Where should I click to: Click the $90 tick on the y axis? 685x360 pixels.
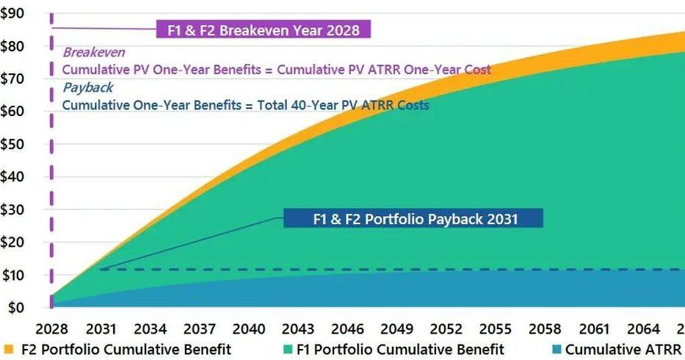[x=13, y=13]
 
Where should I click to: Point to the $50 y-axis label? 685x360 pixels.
[x=13, y=144]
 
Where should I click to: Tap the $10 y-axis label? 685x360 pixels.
[x=13, y=275]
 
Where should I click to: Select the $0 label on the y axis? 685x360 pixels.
[x=16, y=307]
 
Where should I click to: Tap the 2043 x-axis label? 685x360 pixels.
[x=297, y=328]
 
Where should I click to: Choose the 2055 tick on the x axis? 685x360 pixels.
[x=495, y=328]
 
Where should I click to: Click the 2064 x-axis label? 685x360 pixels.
[x=642, y=328]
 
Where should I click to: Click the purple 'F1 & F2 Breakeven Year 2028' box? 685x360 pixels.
[x=264, y=30]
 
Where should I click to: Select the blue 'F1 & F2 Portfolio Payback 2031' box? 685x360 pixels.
[x=414, y=219]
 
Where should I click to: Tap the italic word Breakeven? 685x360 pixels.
[x=93, y=52]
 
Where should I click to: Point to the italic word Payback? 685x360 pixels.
[x=88, y=87]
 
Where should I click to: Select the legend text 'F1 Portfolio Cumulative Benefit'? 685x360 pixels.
[x=400, y=350]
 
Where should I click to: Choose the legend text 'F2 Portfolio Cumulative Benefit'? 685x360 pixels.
[x=126, y=350]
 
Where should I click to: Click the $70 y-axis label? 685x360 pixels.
[x=13, y=79]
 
